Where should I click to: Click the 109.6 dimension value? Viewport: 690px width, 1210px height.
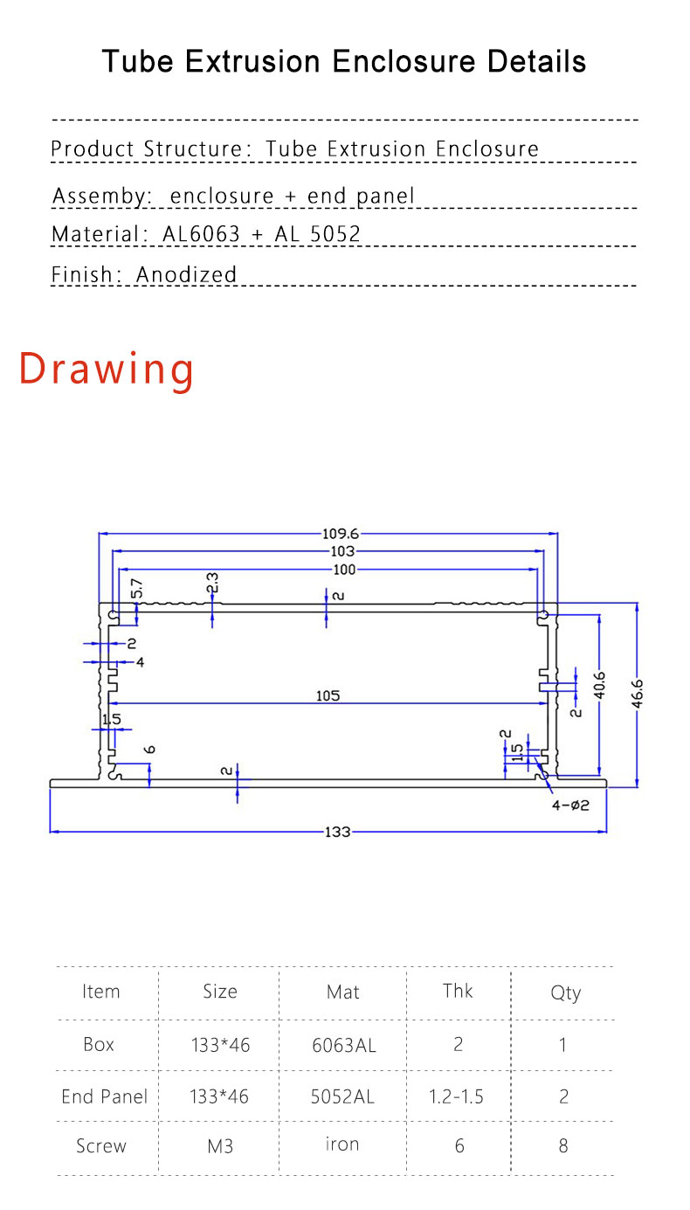pyautogui.click(x=341, y=534)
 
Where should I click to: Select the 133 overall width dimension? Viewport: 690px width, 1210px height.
pyautogui.click(x=337, y=832)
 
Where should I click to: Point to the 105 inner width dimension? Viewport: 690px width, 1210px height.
pyautogui.click(x=328, y=695)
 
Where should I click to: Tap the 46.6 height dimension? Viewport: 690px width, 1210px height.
pyautogui.click(x=638, y=694)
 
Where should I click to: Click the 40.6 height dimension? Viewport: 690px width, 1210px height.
pyautogui.click(x=600, y=685)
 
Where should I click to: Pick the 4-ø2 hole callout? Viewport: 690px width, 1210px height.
pyautogui.click(x=570, y=806)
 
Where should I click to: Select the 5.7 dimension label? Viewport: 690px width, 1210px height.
pyautogui.click(x=137, y=588)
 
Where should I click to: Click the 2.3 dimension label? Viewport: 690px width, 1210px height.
pyautogui.click(x=212, y=583)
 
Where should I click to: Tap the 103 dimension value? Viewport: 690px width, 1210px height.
pyautogui.click(x=342, y=551)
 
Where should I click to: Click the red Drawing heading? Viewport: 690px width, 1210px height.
pyautogui.click(x=107, y=369)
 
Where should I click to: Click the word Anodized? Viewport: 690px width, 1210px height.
pyautogui.click(x=186, y=274)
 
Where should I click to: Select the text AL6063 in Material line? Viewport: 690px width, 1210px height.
pyautogui.click(x=201, y=234)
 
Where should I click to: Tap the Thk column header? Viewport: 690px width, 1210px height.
pyautogui.click(x=458, y=991)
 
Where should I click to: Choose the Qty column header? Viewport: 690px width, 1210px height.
pyautogui.click(x=565, y=992)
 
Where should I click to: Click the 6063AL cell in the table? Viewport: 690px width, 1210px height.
pyautogui.click(x=344, y=1045)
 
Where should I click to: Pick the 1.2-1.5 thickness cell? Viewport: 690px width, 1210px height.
pyautogui.click(x=456, y=1096)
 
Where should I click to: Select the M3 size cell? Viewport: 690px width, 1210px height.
pyautogui.click(x=220, y=1145)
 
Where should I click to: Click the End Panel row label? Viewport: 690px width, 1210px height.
pyautogui.click(x=104, y=1096)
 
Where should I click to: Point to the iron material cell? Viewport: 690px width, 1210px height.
pyautogui.click(x=342, y=1144)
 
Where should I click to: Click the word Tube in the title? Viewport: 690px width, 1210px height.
pyautogui.click(x=138, y=61)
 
